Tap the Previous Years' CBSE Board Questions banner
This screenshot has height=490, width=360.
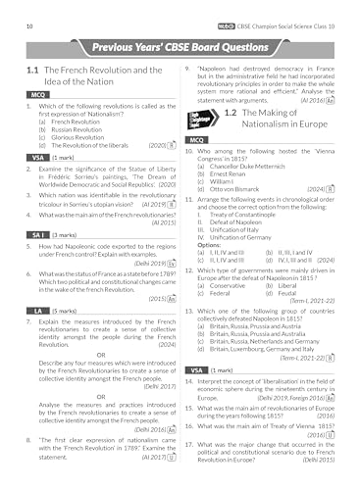pos(180,48)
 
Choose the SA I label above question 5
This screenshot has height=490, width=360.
pos(33,236)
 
